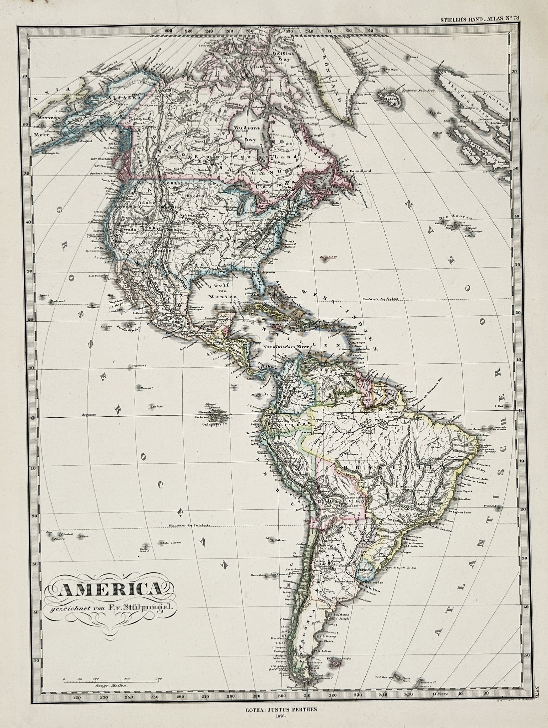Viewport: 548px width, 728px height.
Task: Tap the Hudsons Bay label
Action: point(245,133)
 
